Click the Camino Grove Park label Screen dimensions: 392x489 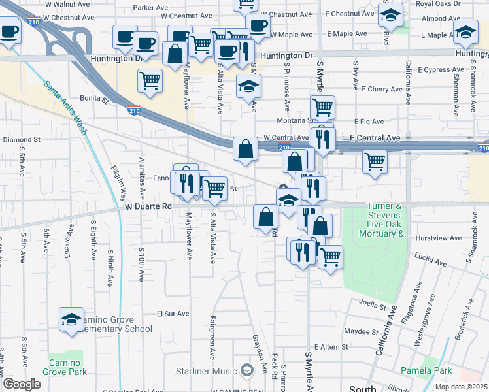coord(64,367)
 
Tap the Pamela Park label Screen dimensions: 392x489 coord(435,370)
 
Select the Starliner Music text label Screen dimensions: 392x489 coord(206,371)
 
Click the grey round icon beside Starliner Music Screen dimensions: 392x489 coord(246,370)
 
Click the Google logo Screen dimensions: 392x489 coord(22,384)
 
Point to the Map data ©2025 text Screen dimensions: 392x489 coord(460,387)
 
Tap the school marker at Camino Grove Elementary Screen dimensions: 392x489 coord(71,319)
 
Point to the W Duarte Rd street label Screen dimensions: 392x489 coord(148,206)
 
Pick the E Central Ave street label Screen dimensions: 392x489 coord(375,138)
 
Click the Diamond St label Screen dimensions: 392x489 coord(22,139)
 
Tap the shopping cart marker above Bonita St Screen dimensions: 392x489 coord(150,81)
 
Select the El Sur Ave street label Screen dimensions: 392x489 coord(173,314)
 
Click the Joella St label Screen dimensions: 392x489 coord(374,302)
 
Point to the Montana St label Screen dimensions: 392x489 coord(301,120)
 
